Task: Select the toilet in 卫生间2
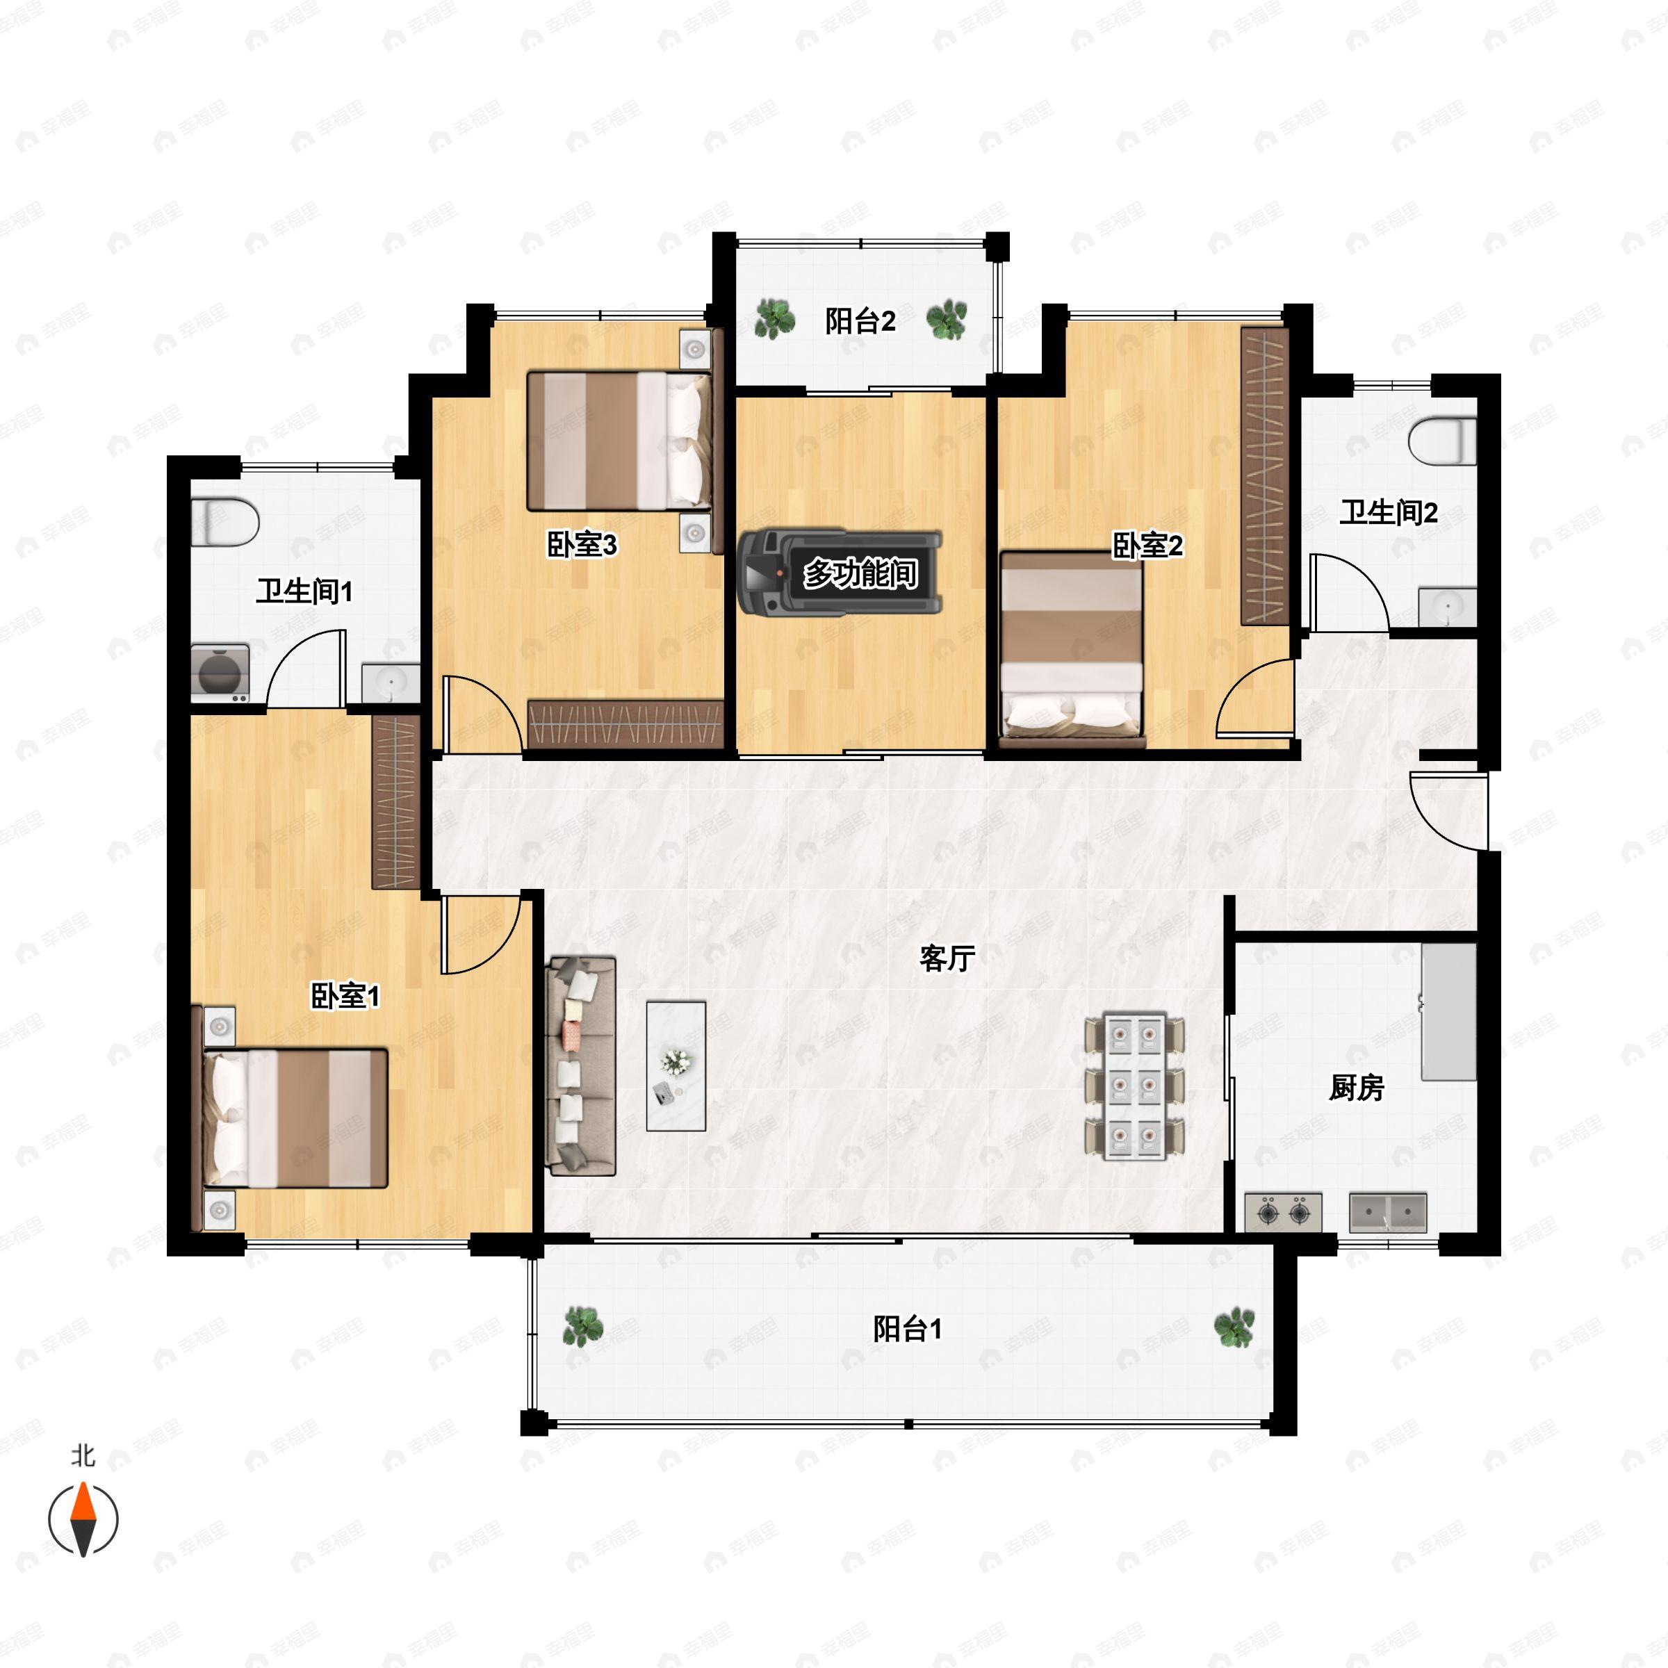click(1443, 441)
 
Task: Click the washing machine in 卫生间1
click(220, 673)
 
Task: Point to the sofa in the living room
click(581, 1065)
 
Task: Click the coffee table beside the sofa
click(676, 1065)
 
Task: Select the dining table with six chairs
click(1134, 1087)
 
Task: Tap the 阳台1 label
click(906, 1328)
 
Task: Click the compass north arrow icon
click(83, 1518)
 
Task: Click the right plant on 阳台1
click(1234, 1327)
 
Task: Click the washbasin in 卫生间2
click(1447, 607)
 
